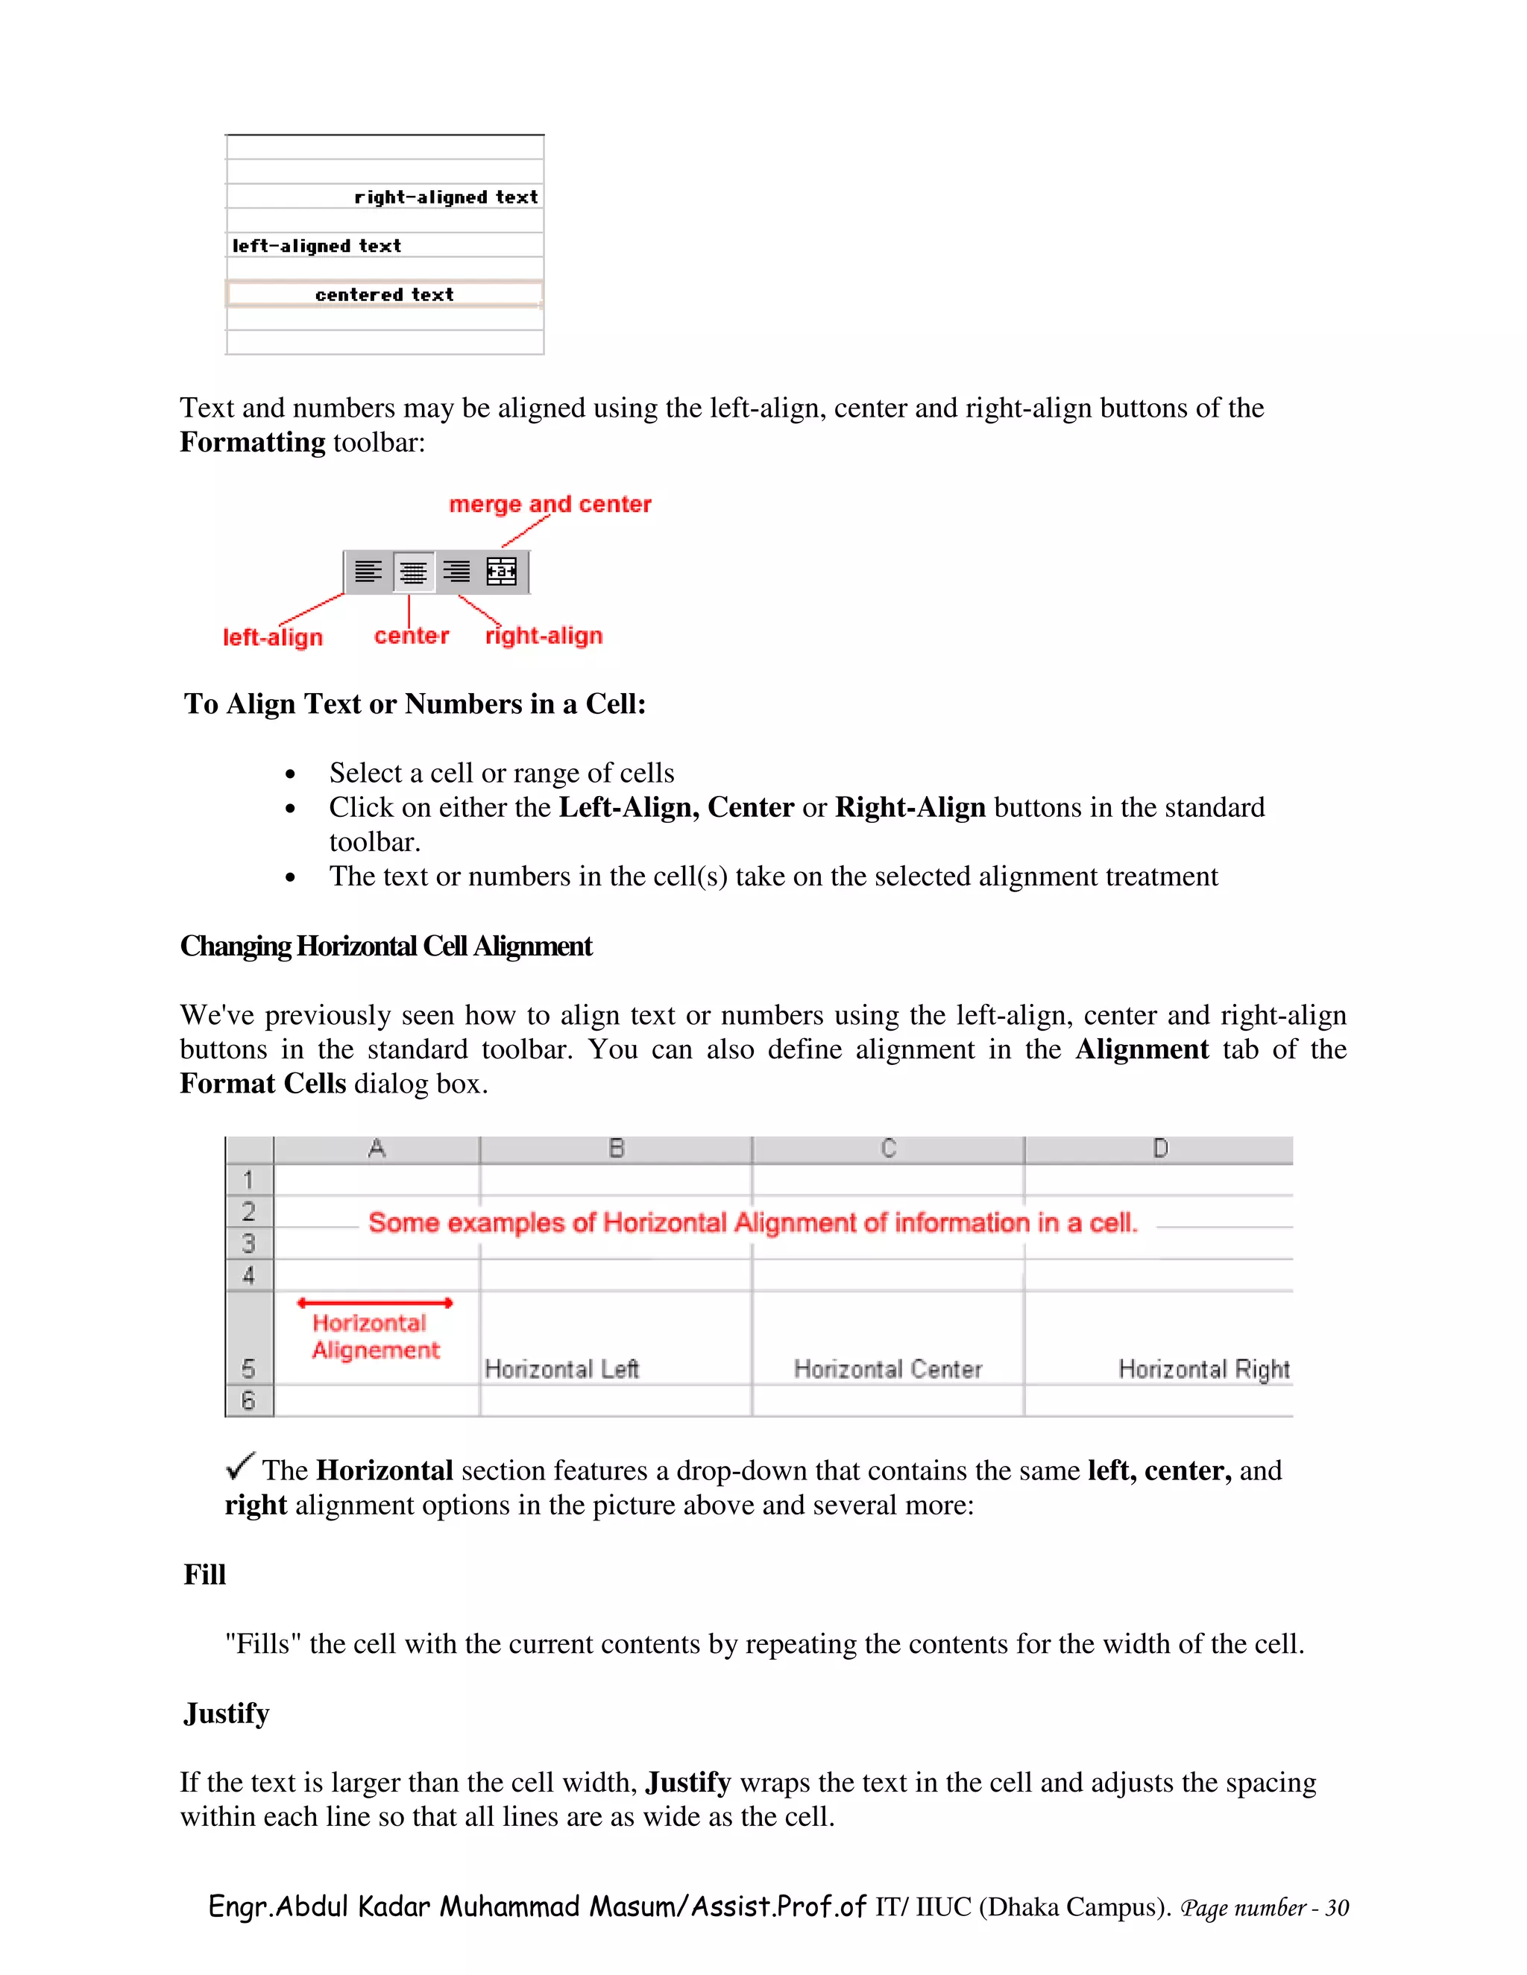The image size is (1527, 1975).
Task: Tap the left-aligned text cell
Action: coord(317,246)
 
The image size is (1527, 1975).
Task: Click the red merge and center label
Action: coord(550,504)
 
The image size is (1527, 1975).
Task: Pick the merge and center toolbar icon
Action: coord(501,572)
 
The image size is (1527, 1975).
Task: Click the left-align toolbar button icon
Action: coord(368,572)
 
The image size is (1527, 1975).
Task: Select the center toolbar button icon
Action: coord(413,572)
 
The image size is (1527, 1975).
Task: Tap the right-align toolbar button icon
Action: coord(457,572)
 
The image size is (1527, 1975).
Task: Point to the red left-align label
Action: coord(272,637)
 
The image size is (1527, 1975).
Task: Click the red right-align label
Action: coord(544,636)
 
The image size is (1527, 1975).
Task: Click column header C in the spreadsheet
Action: coord(888,1148)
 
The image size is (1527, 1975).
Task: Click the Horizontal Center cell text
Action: coord(887,1369)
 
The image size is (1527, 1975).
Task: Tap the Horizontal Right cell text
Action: coord(1203,1369)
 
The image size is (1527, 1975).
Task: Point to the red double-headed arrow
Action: coord(374,1302)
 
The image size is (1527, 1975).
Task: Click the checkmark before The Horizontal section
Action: coord(240,1465)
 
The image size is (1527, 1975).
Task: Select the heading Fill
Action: coord(204,1574)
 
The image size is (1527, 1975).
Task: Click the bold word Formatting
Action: coord(253,442)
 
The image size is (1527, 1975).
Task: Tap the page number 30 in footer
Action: coord(1337,1908)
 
